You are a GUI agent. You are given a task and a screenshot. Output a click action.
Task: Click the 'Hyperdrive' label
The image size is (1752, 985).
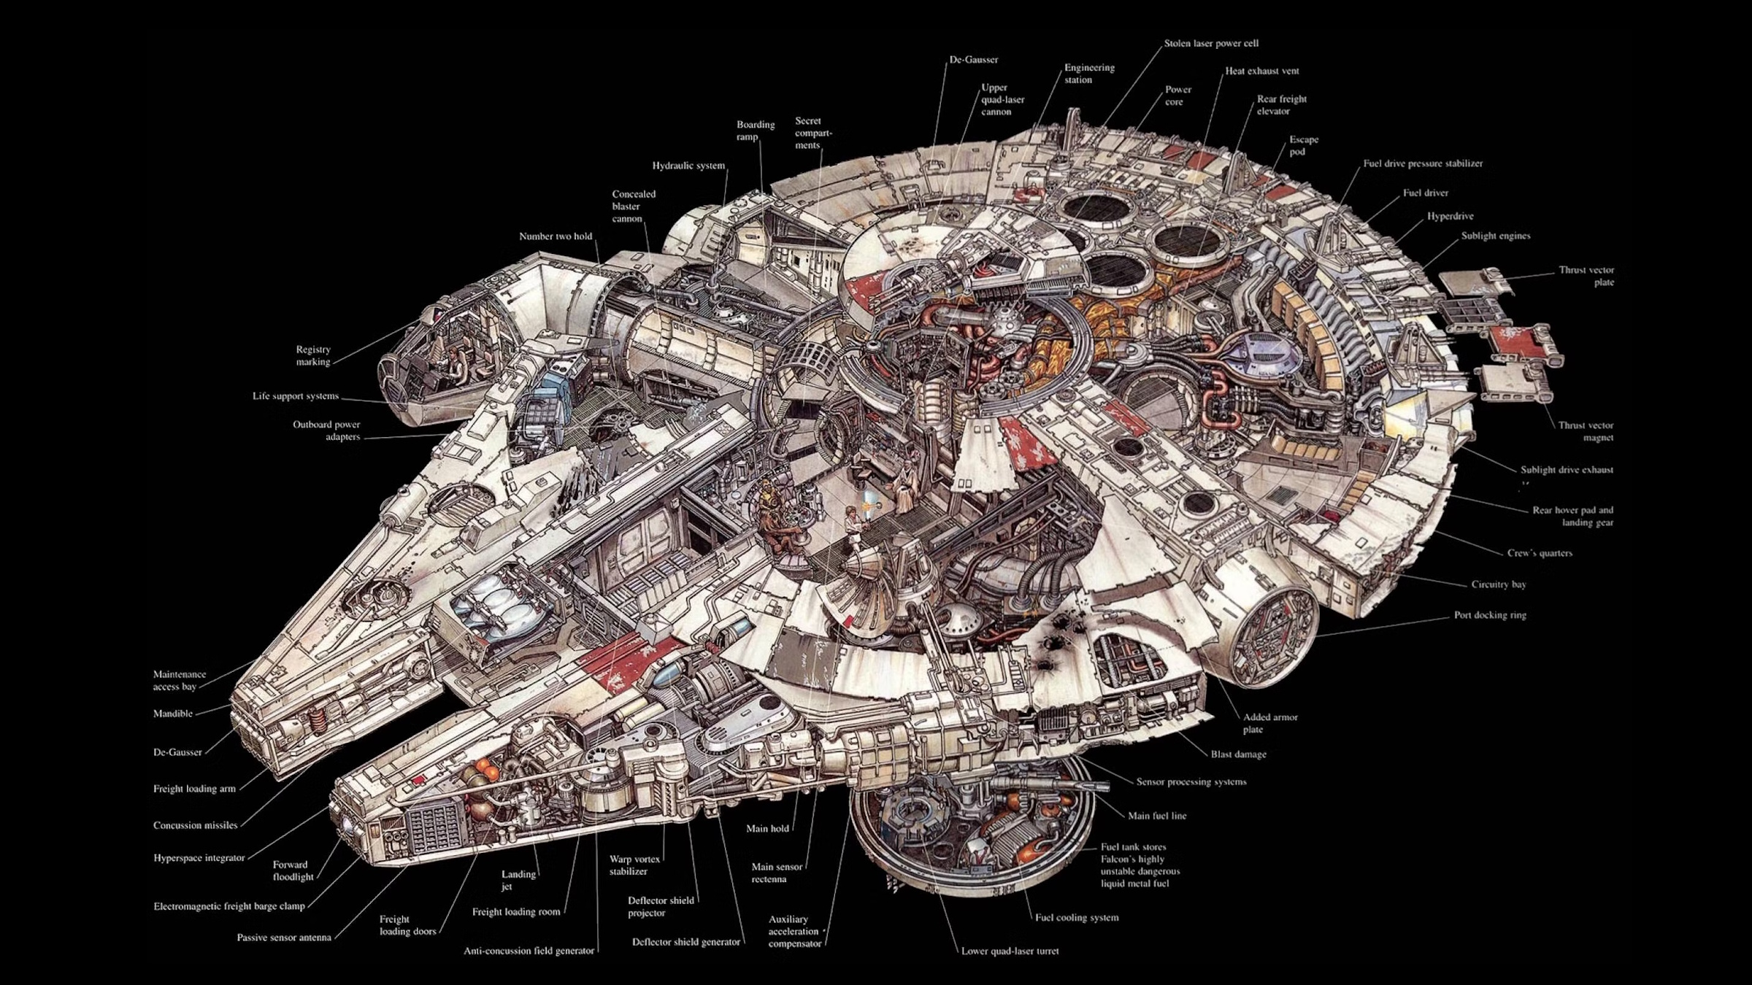1450,217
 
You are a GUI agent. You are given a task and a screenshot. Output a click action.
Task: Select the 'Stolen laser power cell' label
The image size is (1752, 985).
1211,44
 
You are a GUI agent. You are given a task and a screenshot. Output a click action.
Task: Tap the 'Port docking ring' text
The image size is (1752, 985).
1489,615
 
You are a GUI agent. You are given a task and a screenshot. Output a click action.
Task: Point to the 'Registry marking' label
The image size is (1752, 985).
313,355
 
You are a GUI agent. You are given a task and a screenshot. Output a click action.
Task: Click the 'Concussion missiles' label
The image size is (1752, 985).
195,825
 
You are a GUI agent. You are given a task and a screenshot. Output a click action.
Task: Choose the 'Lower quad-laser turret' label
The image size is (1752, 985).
1010,951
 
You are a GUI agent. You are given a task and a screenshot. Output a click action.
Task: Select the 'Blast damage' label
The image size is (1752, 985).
1238,754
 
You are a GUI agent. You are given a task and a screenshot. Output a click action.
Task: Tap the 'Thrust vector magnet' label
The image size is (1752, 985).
1586,431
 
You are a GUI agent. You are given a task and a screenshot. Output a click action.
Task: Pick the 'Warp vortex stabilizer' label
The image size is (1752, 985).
634,865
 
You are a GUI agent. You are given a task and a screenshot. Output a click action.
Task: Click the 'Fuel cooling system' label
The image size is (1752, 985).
1077,918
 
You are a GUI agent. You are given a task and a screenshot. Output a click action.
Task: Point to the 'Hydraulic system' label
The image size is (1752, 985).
688,166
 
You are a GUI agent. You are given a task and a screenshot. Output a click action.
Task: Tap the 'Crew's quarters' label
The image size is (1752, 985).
1540,553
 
